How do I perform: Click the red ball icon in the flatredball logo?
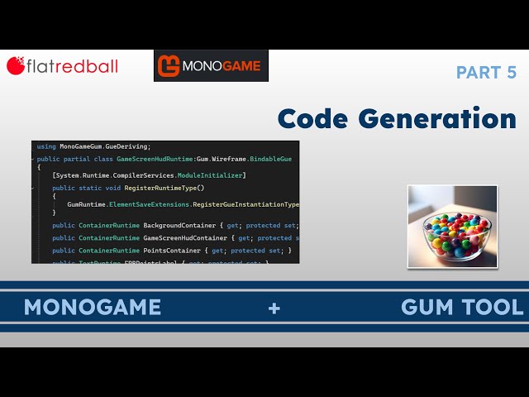[15, 65]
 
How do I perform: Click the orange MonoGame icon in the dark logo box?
[169, 65]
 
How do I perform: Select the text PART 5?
[486, 73]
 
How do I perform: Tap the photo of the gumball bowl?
[452, 226]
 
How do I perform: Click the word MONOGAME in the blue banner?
[92, 308]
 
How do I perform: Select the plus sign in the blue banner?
[274, 309]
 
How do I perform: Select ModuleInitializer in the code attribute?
[213, 175]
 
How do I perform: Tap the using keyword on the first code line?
[46, 146]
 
